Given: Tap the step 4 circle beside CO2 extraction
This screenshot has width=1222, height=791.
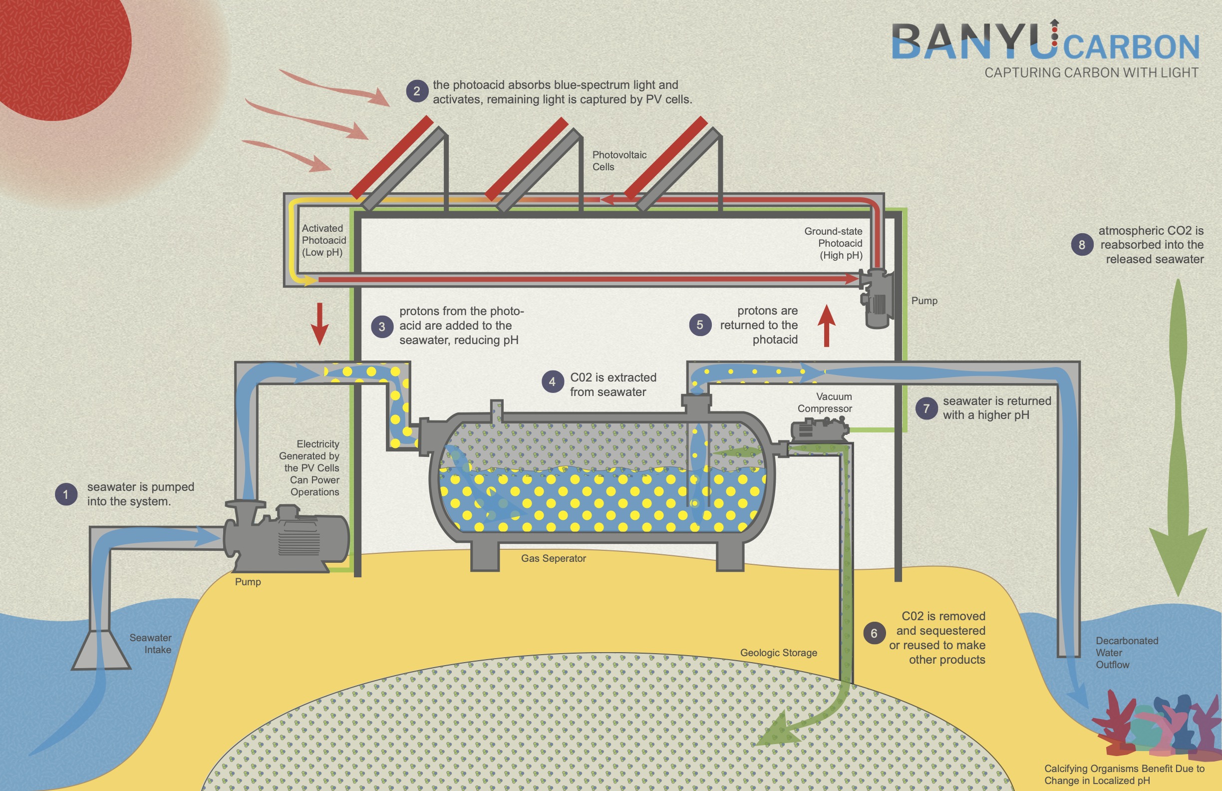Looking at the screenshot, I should [x=553, y=382].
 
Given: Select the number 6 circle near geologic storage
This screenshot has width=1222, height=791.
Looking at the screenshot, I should [x=874, y=633].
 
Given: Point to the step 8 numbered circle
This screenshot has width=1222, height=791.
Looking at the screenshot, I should [x=1082, y=245].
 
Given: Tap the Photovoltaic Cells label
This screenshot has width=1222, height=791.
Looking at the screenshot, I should [x=618, y=161].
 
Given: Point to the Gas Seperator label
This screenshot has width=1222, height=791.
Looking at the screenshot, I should [x=553, y=558].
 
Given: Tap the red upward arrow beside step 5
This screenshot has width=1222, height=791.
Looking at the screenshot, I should [x=827, y=325].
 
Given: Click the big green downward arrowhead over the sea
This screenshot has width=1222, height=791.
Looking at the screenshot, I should [x=1178, y=560].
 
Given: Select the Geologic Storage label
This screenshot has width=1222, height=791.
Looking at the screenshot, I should [x=778, y=652].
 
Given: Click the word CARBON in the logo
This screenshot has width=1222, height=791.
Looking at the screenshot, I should [x=1131, y=47].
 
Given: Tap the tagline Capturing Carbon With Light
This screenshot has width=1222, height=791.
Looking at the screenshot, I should [x=1091, y=73].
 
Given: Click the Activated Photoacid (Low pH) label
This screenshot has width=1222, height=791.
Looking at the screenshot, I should [x=323, y=240].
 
